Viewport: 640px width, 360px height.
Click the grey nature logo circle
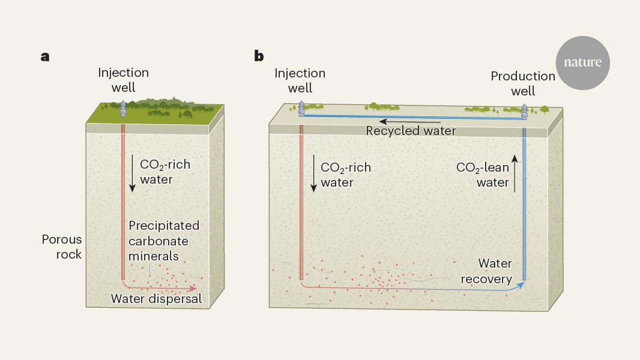coord(583,63)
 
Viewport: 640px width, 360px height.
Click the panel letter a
coord(45,57)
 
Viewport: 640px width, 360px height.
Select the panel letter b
coord(259,57)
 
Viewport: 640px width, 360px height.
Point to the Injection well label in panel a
coord(124,80)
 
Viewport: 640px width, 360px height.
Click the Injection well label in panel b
coord(300,80)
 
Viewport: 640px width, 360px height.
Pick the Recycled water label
coord(411,130)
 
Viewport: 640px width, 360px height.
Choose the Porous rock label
coord(61,247)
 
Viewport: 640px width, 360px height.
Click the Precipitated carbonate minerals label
coord(164,240)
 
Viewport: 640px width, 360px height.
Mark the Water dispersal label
coord(156,298)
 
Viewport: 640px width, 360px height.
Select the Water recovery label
coord(495,271)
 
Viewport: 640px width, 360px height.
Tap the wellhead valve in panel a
coord(123,107)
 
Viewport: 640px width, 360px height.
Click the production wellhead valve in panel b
coord(524,111)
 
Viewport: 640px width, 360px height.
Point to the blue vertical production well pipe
coord(524,204)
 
